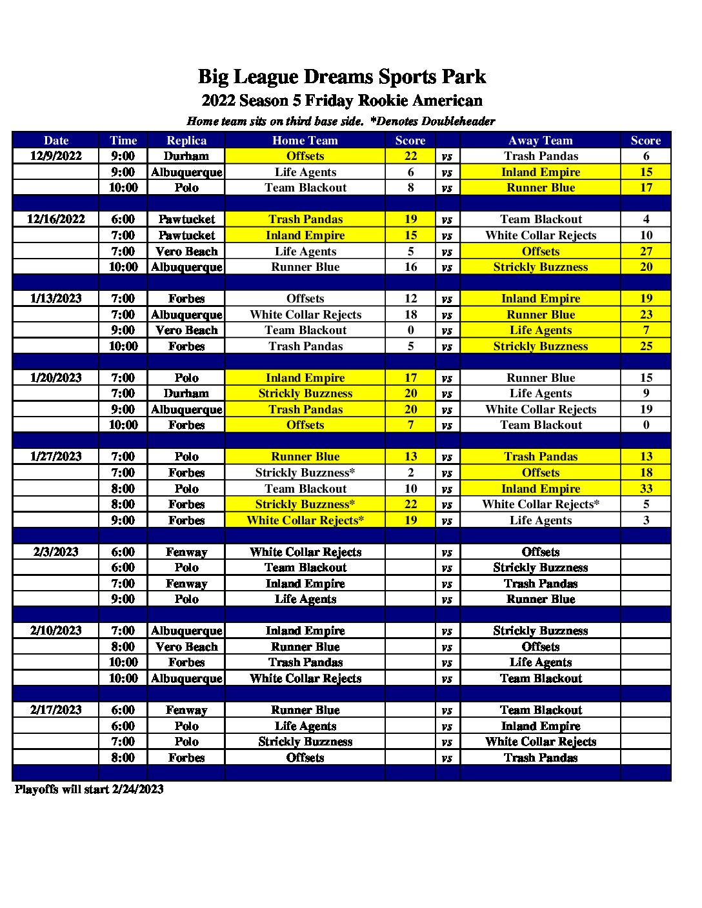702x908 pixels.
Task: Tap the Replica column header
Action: pos(186,141)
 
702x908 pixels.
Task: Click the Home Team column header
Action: pos(305,141)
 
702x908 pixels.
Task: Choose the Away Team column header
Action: pos(541,141)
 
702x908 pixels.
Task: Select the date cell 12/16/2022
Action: pos(56,219)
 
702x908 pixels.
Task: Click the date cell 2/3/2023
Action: pos(56,552)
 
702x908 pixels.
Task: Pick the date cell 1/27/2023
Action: pos(56,457)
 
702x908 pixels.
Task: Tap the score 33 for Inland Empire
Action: pos(646,489)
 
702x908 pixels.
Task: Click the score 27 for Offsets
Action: pos(646,252)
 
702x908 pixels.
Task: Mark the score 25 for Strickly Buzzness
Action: pos(646,346)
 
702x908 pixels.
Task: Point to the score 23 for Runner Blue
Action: pos(646,315)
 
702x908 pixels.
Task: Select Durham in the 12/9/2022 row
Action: pos(186,156)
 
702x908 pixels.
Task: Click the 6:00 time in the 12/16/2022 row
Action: pos(123,219)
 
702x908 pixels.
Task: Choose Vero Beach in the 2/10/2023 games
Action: pos(186,647)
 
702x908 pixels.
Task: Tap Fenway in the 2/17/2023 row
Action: pos(186,710)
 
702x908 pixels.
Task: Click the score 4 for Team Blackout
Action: pos(646,219)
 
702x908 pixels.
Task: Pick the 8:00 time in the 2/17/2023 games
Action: pos(123,758)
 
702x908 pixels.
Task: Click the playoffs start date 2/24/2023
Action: pos(137,789)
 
